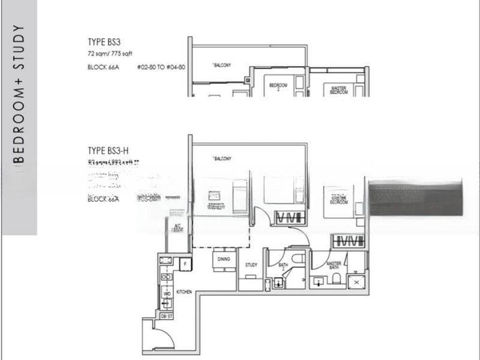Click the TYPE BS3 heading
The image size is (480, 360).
click(104, 42)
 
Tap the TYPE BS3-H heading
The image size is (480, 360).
click(109, 151)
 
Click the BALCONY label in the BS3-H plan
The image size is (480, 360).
click(222, 158)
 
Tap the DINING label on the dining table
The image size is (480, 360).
click(224, 259)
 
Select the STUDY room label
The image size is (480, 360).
click(251, 265)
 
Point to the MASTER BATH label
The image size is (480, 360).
click(334, 264)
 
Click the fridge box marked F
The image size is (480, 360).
click(185, 262)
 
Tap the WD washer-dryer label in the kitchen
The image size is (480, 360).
click(167, 294)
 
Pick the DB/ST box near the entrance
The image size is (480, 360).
click(166, 315)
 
